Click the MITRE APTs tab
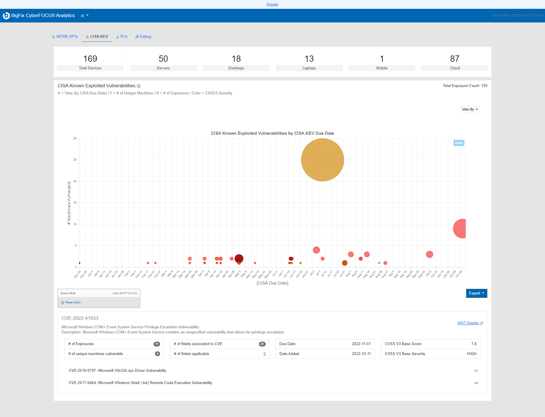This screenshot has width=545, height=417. click(65, 37)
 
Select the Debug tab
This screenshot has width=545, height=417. click(143, 37)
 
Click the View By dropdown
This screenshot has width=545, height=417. click(470, 109)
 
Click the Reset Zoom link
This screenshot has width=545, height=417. click(73, 302)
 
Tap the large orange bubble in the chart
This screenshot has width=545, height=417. click(322, 160)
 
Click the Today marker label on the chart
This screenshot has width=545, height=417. click(459, 143)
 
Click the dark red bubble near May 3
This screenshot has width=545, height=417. click(239, 258)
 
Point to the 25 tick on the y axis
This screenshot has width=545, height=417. click(75, 160)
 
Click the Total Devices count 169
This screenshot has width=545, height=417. click(90, 59)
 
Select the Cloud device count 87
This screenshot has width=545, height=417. click(455, 59)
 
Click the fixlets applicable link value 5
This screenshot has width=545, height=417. click(265, 354)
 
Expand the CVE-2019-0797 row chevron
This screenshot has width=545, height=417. click(476, 371)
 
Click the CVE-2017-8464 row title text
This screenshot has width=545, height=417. click(141, 383)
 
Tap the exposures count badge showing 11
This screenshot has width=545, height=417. click(157, 344)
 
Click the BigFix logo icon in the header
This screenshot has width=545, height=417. click(6, 16)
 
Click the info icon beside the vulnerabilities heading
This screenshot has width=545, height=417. click(139, 86)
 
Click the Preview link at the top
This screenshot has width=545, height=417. click(272, 5)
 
